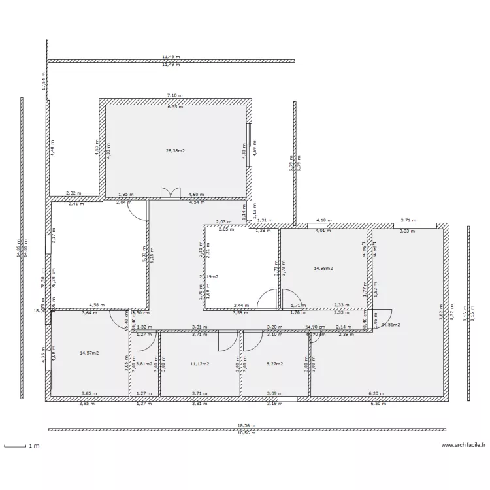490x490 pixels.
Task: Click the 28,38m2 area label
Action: [175, 150]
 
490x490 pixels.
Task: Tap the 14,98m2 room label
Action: [323, 268]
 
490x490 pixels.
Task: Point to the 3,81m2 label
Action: [144, 363]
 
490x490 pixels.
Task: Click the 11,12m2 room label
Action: [199, 363]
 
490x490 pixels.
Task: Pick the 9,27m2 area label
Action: [274, 363]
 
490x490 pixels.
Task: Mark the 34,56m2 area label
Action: [391, 324]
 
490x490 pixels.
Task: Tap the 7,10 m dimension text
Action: [175, 95]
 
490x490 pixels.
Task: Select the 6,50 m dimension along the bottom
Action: [378, 403]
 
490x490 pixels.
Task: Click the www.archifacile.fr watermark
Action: [463, 446]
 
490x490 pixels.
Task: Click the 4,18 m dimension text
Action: [321, 220]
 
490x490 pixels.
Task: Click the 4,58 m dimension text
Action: [97, 304]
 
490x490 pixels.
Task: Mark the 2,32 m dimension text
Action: [74, 193]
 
